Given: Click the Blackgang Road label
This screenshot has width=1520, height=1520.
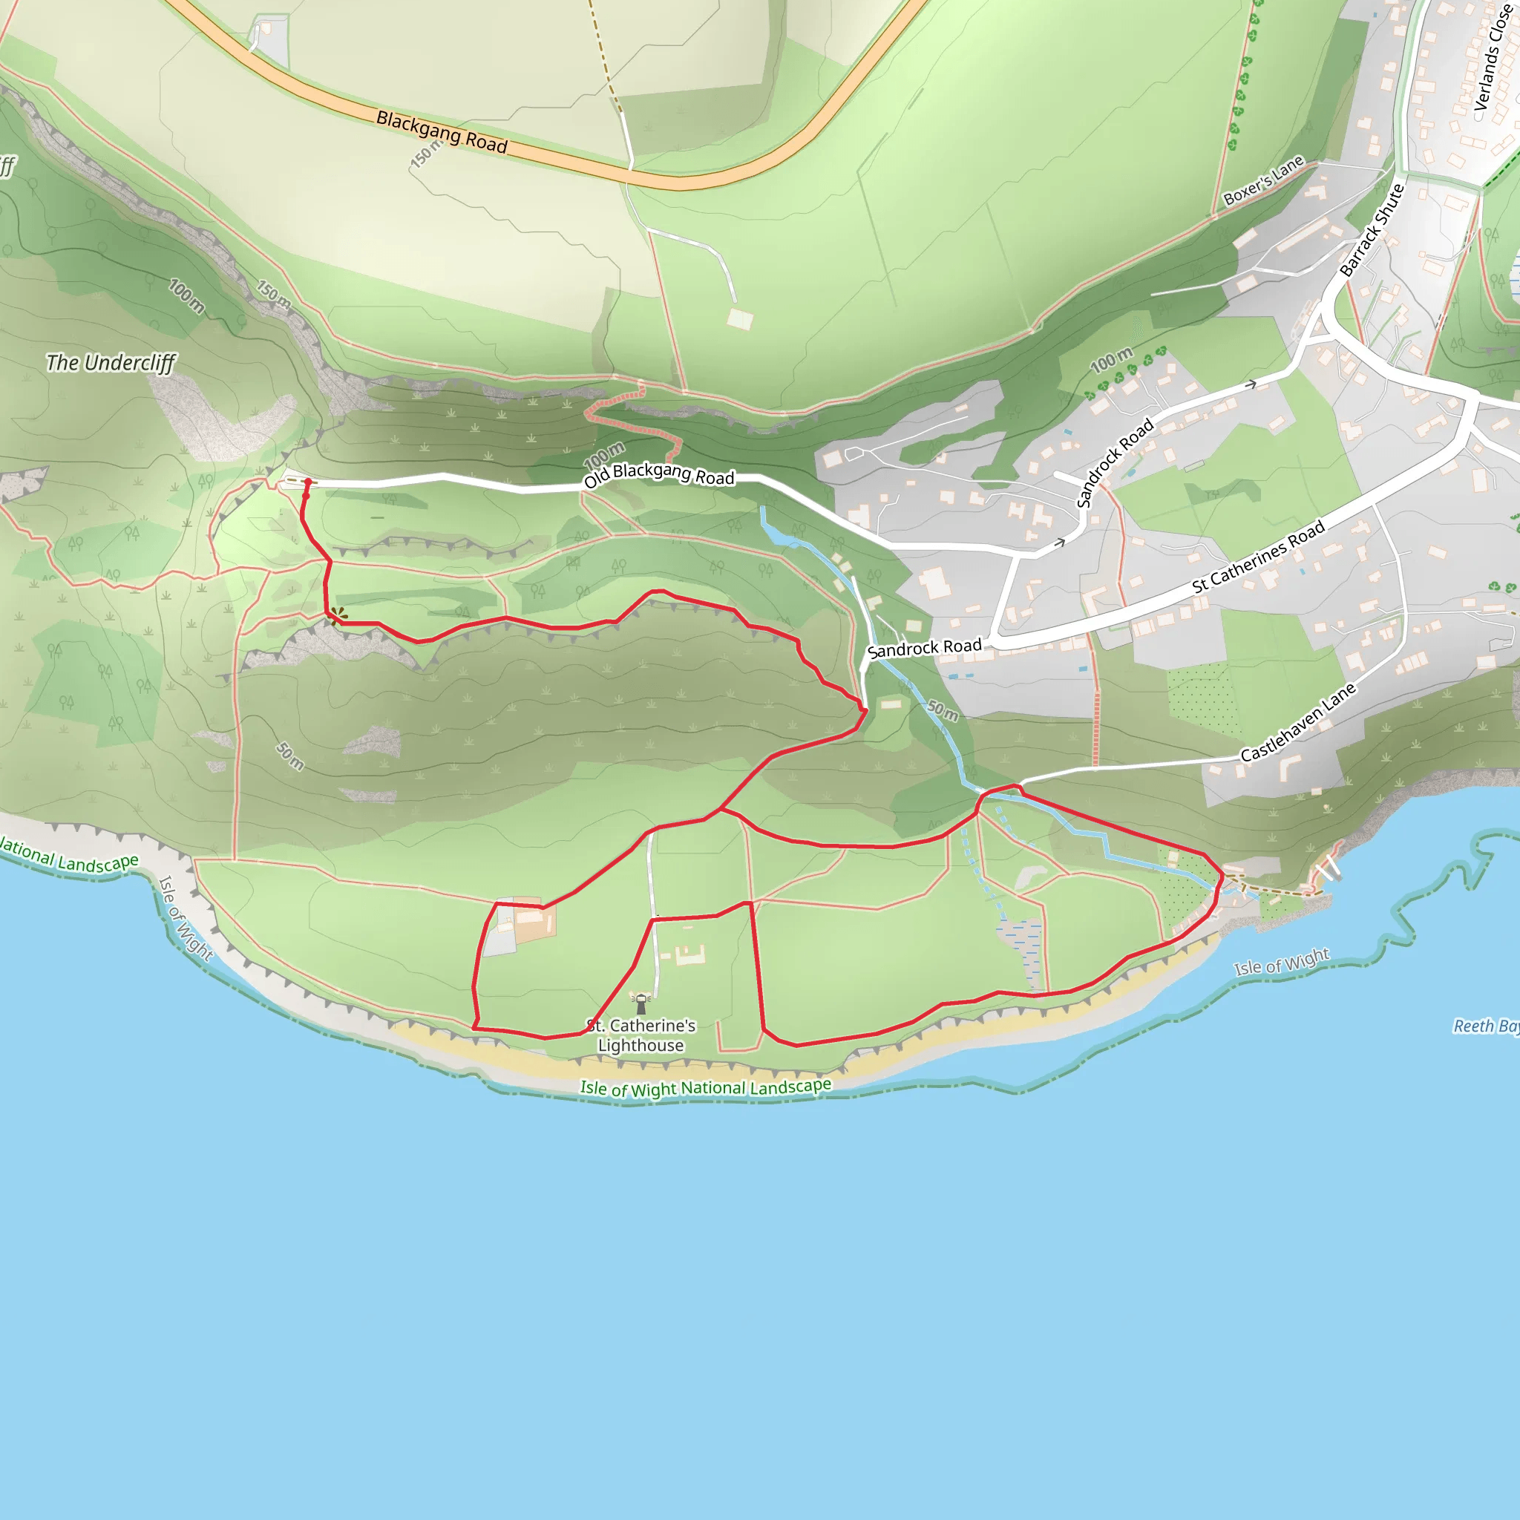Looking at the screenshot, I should click(x=442, y=131).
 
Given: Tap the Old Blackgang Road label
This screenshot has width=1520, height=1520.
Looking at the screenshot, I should click(x=658, y=474).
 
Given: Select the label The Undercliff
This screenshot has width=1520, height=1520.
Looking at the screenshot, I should click(x=110, y=363).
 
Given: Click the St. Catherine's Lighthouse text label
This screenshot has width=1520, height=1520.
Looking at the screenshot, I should click(x=641, y=1035).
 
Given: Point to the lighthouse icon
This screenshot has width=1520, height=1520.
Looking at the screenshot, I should click(x=641, y=1004).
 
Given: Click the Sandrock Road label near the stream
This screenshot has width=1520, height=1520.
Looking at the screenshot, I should click(x=925, y=648).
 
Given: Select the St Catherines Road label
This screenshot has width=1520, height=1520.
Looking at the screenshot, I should click(x=1258, y=557).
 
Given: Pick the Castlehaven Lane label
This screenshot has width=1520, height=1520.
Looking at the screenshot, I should click(x=1298, y=722).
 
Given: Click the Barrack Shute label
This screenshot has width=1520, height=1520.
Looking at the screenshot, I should click(x=1372, y=230).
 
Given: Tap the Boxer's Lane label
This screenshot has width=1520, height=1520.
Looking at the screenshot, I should click(x=1263, y=180).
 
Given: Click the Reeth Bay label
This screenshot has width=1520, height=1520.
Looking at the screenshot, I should click(x=1485, y=1026).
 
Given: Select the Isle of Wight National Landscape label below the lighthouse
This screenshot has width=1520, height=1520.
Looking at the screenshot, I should click(x=706, y=1088).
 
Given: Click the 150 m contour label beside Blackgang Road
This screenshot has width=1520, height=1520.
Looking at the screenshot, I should click(x=425, y=153).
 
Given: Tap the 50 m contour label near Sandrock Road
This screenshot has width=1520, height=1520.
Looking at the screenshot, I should click(x=943, y=710).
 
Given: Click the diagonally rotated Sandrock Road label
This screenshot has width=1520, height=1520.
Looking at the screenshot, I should click(x=1114, y=463).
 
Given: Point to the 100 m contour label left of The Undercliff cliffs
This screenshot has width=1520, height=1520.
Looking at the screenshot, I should click(x=186, y=296).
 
